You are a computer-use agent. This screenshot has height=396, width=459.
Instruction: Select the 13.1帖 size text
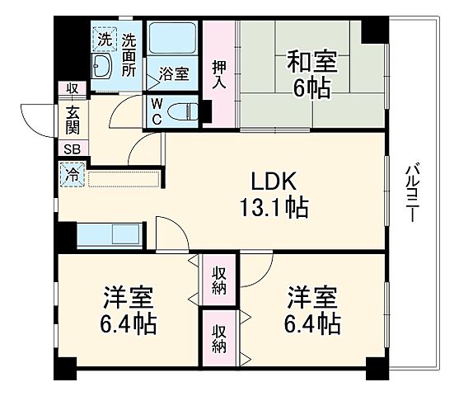[x=274, y=209]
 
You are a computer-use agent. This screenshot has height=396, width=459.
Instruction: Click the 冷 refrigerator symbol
[x=71, y=175]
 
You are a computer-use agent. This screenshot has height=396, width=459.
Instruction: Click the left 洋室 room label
[x=128, y=309]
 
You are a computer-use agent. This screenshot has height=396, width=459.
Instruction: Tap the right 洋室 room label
[x=313, y=309]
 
